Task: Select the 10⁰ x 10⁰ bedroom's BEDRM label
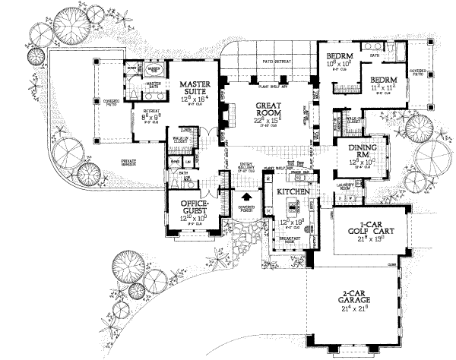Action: click(x=337, y=57)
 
